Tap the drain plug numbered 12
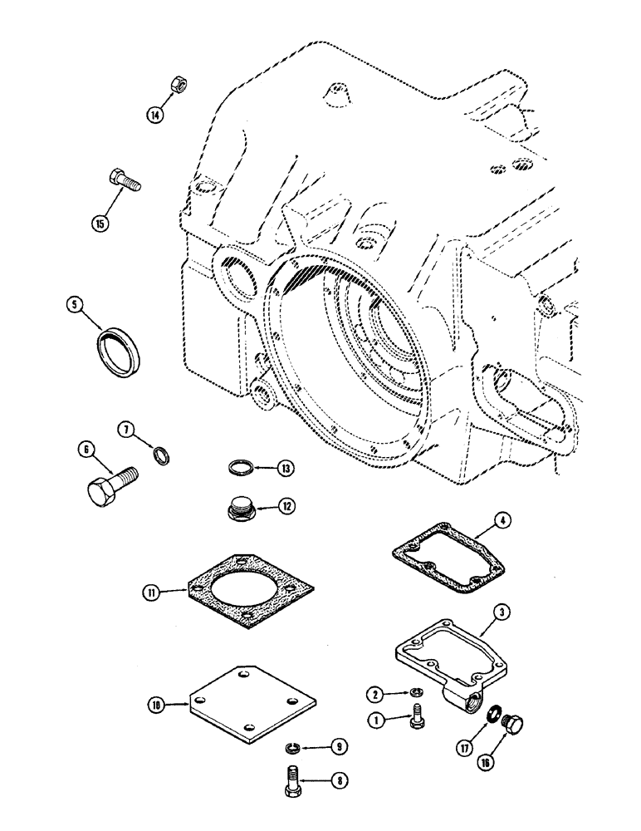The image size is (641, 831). (x=242, y=507)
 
